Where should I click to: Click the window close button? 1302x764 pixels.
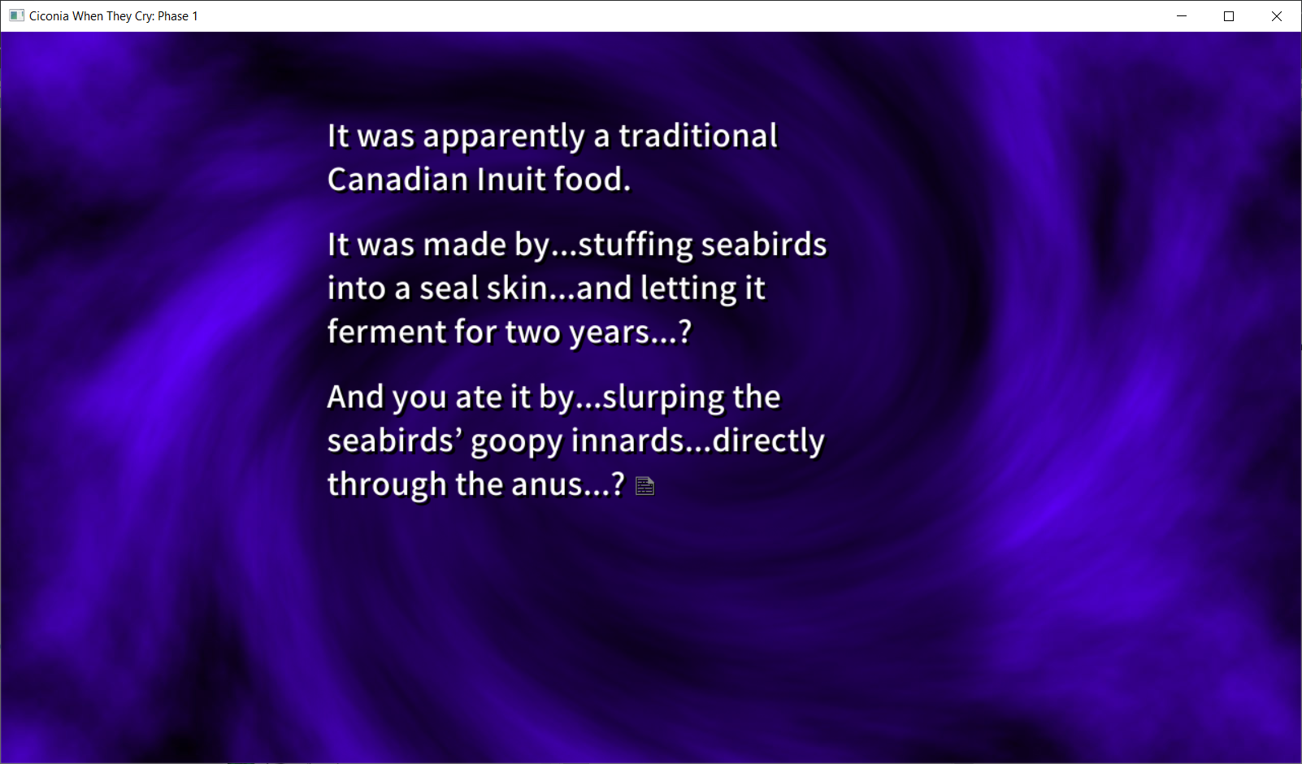coord(1277,16)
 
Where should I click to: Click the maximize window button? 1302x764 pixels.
coord(1229,16)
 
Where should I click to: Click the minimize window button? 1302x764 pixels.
coord(1182,16)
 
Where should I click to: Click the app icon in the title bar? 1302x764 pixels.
coord(16,15)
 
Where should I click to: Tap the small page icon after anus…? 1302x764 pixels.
coord(644,486)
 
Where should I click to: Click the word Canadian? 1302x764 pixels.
coord(397,179)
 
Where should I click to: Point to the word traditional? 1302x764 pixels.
coord(698,136)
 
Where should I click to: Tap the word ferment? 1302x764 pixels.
coord(387,332)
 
